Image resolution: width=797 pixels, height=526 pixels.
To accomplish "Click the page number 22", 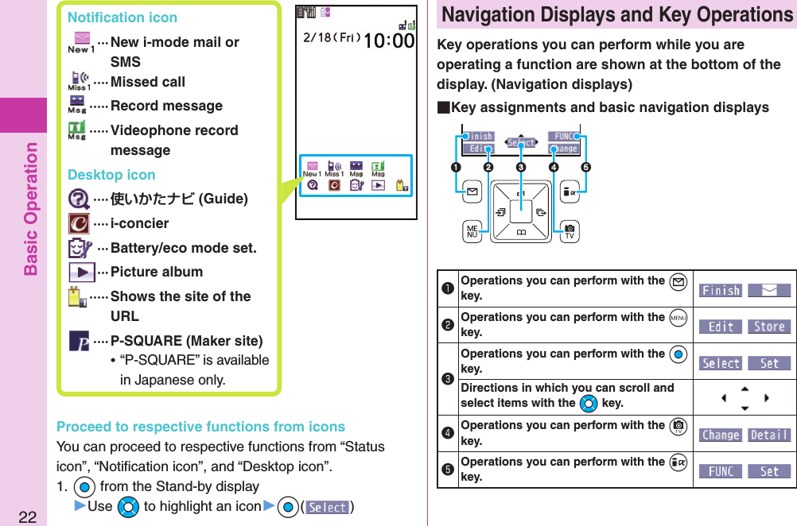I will coord(28,517).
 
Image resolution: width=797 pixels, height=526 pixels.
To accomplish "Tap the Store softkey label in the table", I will coord(768,327).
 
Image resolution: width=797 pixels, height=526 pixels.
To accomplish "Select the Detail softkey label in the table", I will coord(768,435).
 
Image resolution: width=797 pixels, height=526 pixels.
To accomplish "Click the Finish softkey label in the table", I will coord(721,291).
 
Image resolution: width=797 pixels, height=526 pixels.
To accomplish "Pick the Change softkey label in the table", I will coord(721,435).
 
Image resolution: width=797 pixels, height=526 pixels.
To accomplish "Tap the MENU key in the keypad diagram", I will coord(471,232).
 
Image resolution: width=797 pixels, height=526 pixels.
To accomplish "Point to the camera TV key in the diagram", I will coord(569,232).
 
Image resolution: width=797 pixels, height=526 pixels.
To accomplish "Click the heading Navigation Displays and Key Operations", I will coord(617,15).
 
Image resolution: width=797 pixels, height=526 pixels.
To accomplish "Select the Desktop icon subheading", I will coord(111,175).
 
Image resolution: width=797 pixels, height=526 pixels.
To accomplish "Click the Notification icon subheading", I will coord(122,17).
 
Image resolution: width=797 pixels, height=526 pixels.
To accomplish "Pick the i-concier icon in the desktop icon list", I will coord(79,223).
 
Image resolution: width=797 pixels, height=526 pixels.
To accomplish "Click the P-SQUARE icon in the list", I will coord(79,342).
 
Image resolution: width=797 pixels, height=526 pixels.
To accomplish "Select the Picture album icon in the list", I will coord(82,272).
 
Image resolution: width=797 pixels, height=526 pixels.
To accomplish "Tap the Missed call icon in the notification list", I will coord(79,82).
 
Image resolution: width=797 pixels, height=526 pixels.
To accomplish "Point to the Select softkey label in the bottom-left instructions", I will coord(328,508).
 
